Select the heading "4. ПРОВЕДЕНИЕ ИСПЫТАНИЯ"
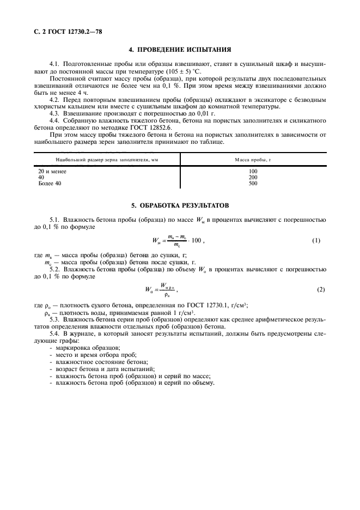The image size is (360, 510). [x=180, y=48]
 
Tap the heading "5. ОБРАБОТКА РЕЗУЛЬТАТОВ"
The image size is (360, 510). [x=180, y=206]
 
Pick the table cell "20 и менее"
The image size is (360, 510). [x=52, y=172]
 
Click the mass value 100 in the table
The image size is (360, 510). [x=253, y=172]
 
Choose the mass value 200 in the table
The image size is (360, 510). [x=253, y=178]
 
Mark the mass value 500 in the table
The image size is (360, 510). [x=253, y=184]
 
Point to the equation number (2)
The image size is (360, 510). [x=320, y=289]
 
